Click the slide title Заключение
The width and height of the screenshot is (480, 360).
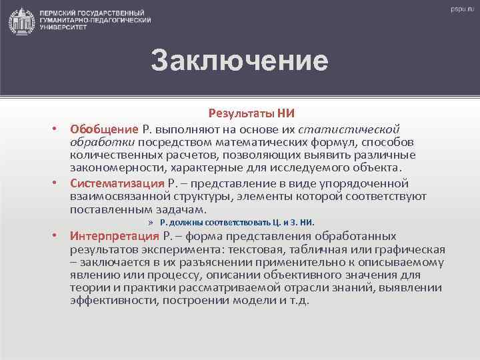239,60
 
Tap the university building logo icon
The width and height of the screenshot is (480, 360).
23,21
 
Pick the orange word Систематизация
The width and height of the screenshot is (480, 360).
117,183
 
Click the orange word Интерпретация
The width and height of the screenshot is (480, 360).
114,237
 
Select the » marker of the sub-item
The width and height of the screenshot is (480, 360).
151,223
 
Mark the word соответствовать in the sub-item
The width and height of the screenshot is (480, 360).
231,223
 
